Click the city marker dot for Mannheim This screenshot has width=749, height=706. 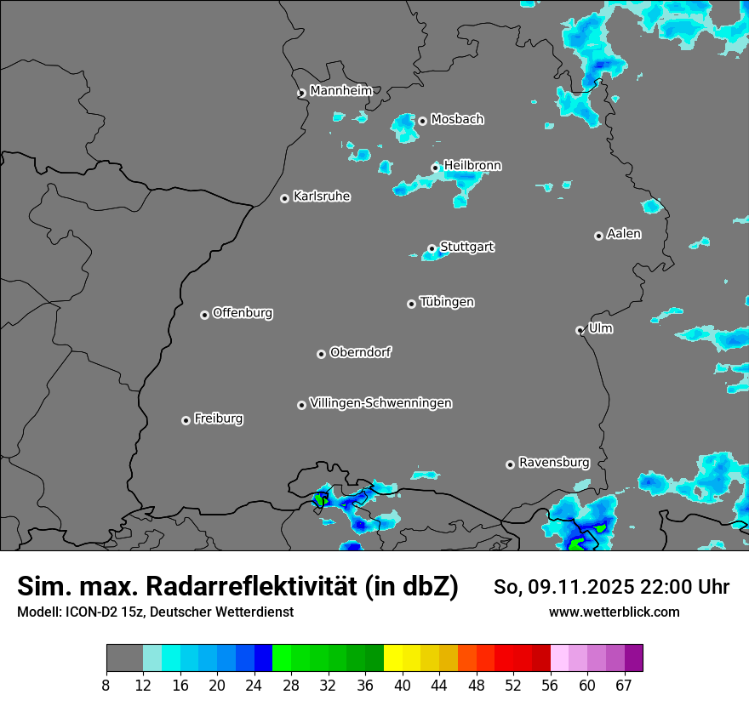(301, 94)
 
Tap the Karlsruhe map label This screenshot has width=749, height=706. (322, 196)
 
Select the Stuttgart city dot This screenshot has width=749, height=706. (432, 249)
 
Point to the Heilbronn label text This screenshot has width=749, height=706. (472, 165)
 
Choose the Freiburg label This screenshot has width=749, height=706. (218, 418)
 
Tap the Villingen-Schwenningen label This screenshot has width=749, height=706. (380, 403)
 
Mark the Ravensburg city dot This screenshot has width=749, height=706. (511, 464)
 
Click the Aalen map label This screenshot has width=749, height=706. (624, 234)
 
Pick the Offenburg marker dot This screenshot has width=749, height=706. (205, 315)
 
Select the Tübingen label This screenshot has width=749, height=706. (447, 302)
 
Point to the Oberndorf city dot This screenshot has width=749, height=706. (322, 354)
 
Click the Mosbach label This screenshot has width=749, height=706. (457, 120)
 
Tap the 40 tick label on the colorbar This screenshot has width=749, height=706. (403, 686)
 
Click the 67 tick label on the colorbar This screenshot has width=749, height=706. (624, 686)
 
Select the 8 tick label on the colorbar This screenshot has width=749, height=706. (106, 686)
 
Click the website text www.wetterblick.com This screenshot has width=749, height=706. (614, 612)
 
